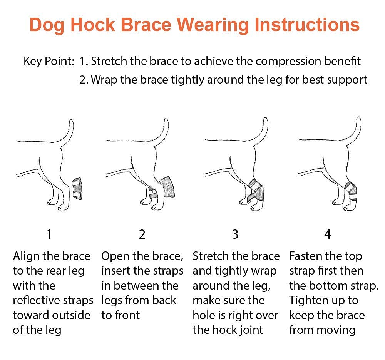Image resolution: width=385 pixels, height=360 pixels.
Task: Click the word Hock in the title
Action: click(93, 25)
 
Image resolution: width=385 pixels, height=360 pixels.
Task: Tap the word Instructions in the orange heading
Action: click(307, 25)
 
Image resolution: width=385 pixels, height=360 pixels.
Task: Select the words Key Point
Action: click(49, 61)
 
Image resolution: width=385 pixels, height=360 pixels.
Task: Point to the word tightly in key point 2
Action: click(187, 80)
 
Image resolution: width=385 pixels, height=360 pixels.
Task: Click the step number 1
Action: click(49, 234)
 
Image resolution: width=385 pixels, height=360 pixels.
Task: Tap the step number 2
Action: click(142, 234)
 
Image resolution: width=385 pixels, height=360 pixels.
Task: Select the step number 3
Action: click(235, 234)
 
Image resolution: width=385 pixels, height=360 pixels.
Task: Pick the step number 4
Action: click(328, 234)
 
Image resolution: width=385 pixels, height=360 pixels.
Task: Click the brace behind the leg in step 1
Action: click(77, 188)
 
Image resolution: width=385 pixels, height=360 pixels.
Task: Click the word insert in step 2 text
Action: click(115, 271)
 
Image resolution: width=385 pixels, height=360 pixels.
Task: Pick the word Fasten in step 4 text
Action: click(306, 256)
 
